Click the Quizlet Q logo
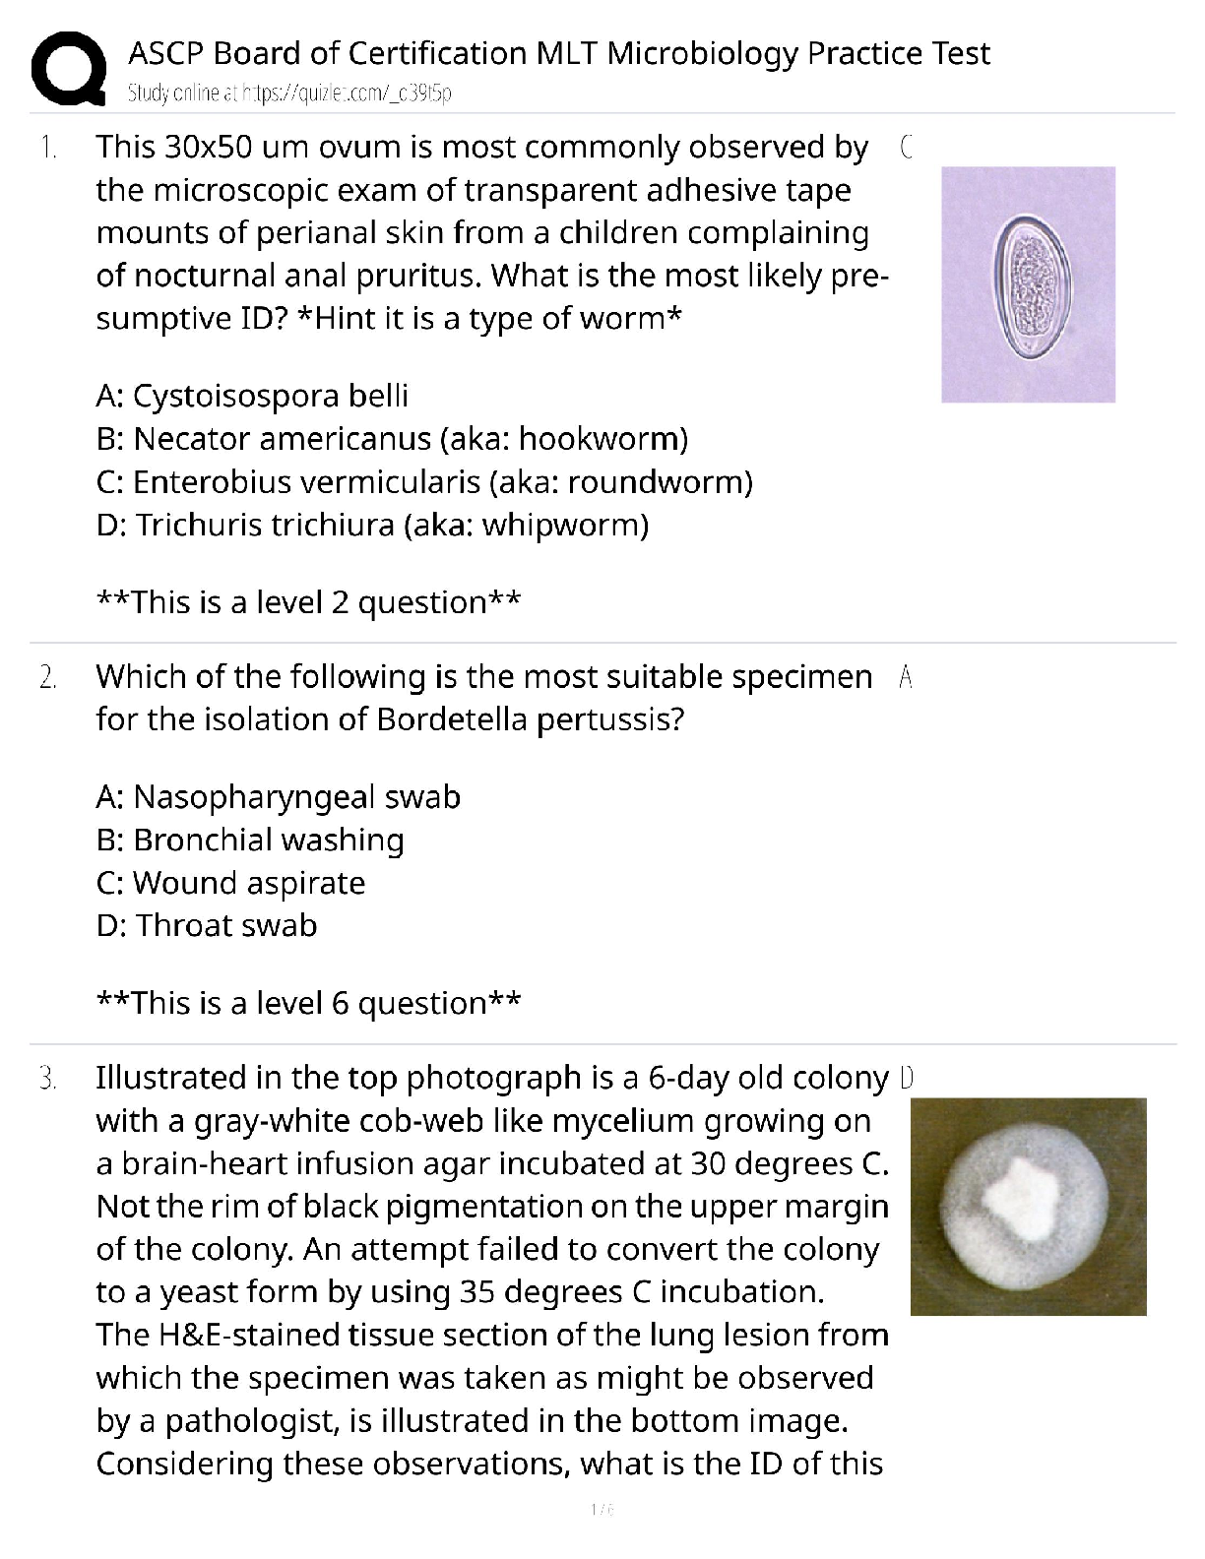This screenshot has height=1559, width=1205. [68, 68]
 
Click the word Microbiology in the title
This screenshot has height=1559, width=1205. [701, 53]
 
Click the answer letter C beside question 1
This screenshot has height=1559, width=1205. [907, 148]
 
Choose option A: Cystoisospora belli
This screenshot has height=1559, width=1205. [252, 396]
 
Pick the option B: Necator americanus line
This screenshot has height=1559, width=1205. [392, 439]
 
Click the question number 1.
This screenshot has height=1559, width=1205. [47, 149]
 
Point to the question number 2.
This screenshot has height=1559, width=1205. [47, 678]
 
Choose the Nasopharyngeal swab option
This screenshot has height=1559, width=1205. [279, 796]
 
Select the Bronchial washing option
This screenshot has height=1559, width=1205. [250, 840]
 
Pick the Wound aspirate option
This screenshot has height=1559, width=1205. [230, 883]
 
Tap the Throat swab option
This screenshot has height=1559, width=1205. [207, 926]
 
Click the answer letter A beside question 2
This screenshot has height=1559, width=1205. [907, 677]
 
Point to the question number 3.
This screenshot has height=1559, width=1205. [47, 1079]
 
